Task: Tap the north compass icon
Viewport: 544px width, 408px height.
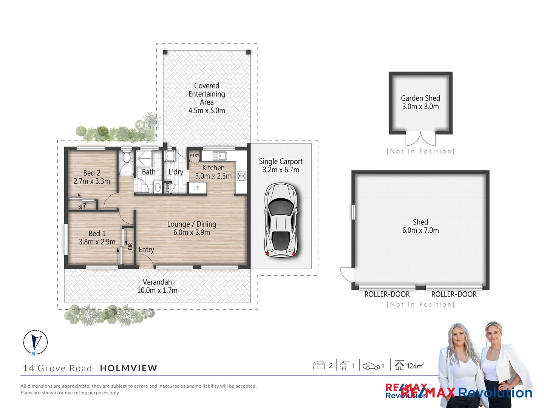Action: coord(36,342)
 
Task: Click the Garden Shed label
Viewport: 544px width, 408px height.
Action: coord(420,98)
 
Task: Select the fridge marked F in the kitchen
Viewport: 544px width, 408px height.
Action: coord(197,188)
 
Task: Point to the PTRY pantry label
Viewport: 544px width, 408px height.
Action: coord(194,155)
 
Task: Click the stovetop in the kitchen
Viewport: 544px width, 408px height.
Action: coord(241,176)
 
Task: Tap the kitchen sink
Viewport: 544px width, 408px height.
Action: coord(219,156)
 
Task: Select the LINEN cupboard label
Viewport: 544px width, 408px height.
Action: coord(167,188)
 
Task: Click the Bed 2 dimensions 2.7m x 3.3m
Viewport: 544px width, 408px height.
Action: coord(92,181)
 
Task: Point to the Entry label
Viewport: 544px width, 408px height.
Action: coord(146,250)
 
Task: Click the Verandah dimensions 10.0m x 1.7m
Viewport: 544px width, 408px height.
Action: coord(157,291)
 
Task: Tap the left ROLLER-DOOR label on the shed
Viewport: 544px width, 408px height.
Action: coord(387,294)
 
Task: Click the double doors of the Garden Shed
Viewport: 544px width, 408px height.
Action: coord(420,139)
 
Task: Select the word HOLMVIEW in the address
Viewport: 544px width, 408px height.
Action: coord(128,368)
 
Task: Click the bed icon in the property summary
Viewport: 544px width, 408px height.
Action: coord(319,365)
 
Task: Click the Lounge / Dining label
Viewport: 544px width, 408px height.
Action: coord(192,224)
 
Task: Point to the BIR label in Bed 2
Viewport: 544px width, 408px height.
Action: coord(82,207)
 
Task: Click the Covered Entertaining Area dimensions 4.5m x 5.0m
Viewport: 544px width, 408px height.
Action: coord(207,111)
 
